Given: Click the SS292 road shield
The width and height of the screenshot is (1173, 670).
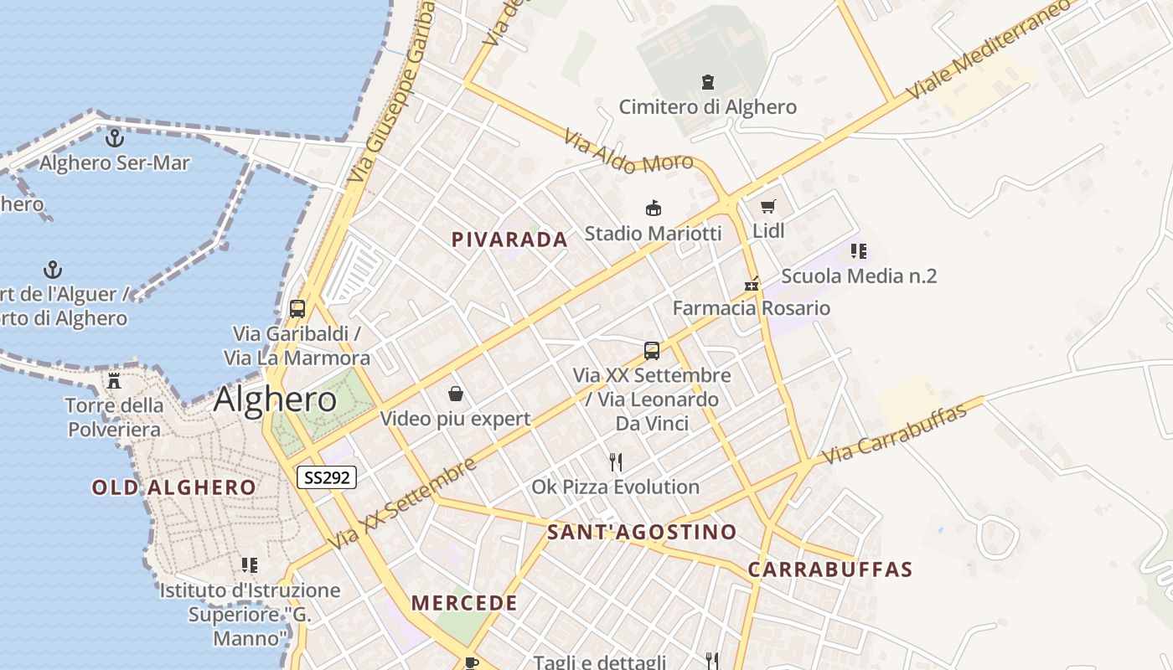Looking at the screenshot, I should tap(327, 477).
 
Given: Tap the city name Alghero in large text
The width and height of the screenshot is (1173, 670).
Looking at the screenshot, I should tap(275, 399).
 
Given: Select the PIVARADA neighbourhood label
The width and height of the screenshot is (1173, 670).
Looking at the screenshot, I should tap(509, 240).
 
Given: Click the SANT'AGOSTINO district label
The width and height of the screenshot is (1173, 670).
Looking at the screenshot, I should tap(642, 532).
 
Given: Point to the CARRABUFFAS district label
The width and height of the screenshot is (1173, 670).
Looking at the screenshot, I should tap(829, 569).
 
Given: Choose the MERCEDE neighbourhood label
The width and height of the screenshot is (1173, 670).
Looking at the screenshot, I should tap(464, 603).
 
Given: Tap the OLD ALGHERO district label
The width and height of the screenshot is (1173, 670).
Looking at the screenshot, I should tap(174, 487).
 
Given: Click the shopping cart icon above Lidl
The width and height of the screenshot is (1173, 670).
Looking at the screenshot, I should tap(768, 206).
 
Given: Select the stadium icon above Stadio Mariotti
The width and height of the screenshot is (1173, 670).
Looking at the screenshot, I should tap(653, 208).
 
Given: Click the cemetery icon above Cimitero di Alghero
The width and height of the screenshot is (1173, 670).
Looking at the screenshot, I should tap(708, 82).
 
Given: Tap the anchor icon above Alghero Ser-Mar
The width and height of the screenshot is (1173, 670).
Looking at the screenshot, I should tap(115, 137).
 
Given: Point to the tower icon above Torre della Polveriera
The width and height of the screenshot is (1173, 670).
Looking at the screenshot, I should tap(114, 381).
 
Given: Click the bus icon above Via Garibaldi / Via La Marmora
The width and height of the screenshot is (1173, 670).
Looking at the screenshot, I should tap(297, 308).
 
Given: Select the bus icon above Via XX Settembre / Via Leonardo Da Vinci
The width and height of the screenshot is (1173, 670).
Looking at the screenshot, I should tap(652, 351).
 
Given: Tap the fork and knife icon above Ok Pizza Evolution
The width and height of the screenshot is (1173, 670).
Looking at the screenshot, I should tap(616, 461).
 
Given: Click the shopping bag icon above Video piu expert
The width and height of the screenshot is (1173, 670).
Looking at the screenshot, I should tap(456, 394).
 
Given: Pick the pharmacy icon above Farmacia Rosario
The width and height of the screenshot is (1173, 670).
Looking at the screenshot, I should tap(752, 283).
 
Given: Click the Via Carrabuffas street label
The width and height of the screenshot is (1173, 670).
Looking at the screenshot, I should tap(903, 431).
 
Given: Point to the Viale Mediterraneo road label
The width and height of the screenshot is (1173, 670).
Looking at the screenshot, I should tap(989, 49).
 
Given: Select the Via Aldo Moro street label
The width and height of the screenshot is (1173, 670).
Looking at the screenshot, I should tap(628, 152).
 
